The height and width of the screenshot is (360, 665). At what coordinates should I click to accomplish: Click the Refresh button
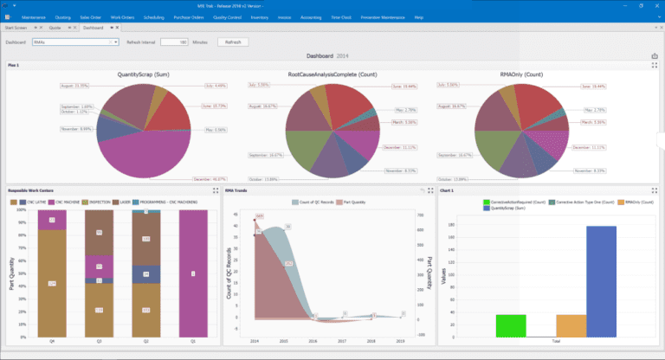(x=234, y=42)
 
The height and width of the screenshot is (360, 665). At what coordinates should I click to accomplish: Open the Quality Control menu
(x=229, y=16)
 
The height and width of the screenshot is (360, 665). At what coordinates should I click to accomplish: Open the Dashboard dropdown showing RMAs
(x=75, y=42)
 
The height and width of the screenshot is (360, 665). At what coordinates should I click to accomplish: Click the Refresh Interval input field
(x=173, y=42)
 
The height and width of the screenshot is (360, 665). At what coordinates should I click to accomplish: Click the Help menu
(x=419, y=16)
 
